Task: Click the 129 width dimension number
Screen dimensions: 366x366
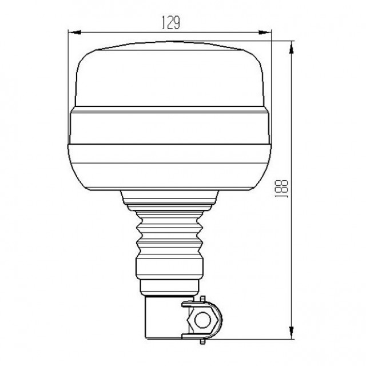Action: (171, 23)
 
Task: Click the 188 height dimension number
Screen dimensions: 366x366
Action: (282, 189)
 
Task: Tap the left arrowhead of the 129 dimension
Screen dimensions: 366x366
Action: (74, 32)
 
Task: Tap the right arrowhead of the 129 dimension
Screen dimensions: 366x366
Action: (265, 32)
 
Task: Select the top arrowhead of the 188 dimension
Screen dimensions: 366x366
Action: (291, 47)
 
